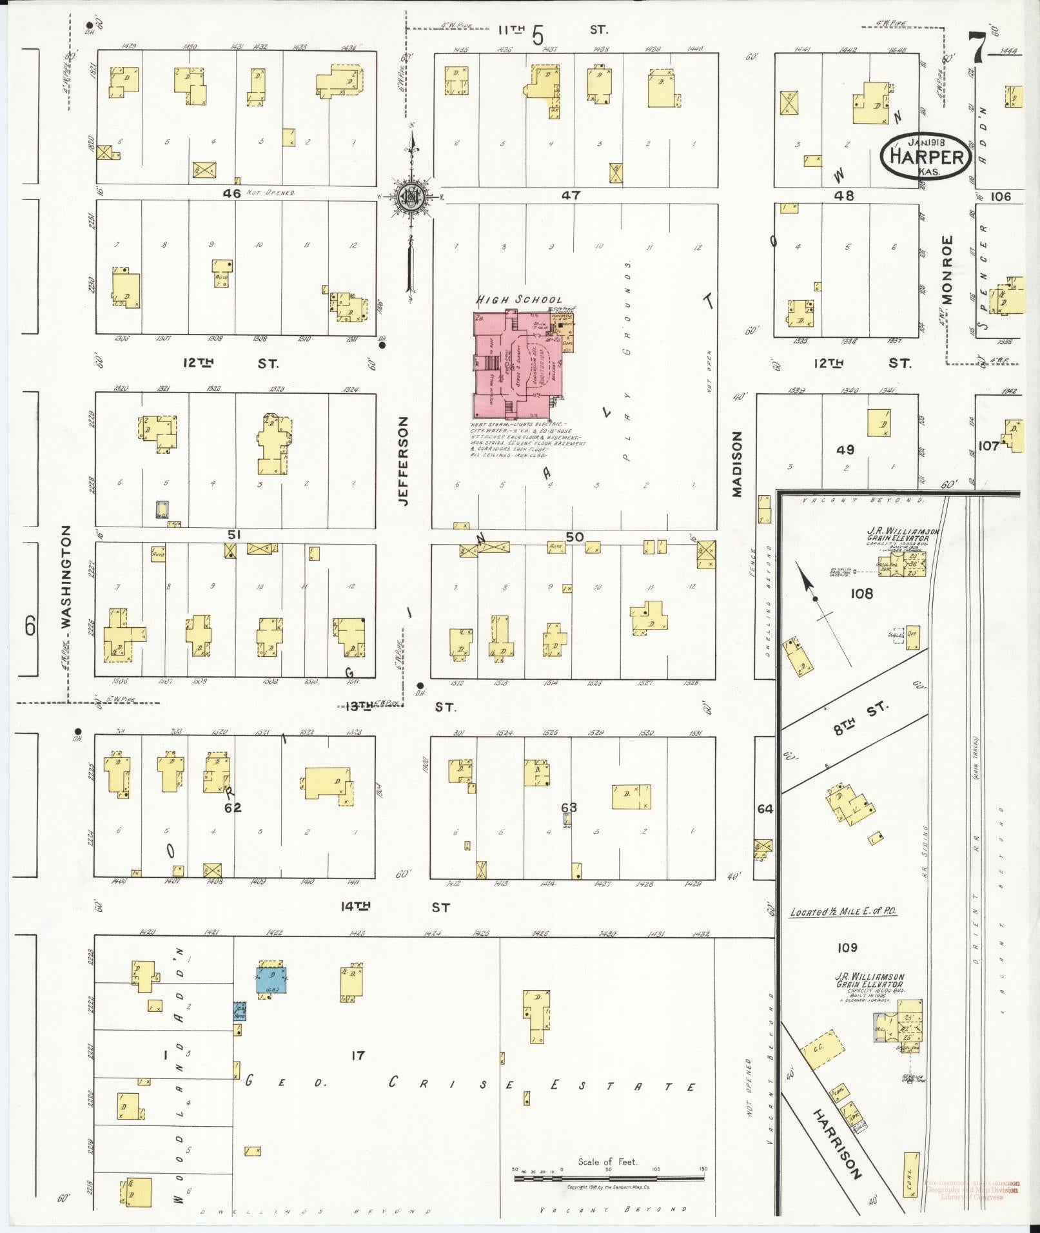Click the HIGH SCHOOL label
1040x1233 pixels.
519,300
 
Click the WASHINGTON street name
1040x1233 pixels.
68,577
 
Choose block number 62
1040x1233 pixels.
232,808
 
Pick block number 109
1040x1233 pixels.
847,947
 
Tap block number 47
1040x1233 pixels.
571,195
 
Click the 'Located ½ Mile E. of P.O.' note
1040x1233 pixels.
843,912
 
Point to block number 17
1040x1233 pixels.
358,1056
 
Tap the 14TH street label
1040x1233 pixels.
357,906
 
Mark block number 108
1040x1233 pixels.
861,593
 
